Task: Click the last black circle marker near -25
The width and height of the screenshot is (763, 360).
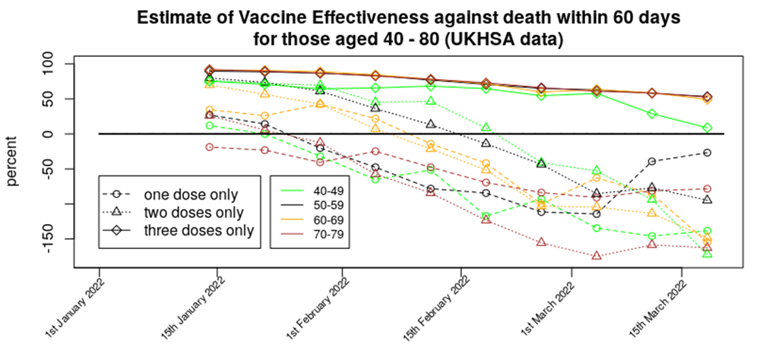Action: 707,153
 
